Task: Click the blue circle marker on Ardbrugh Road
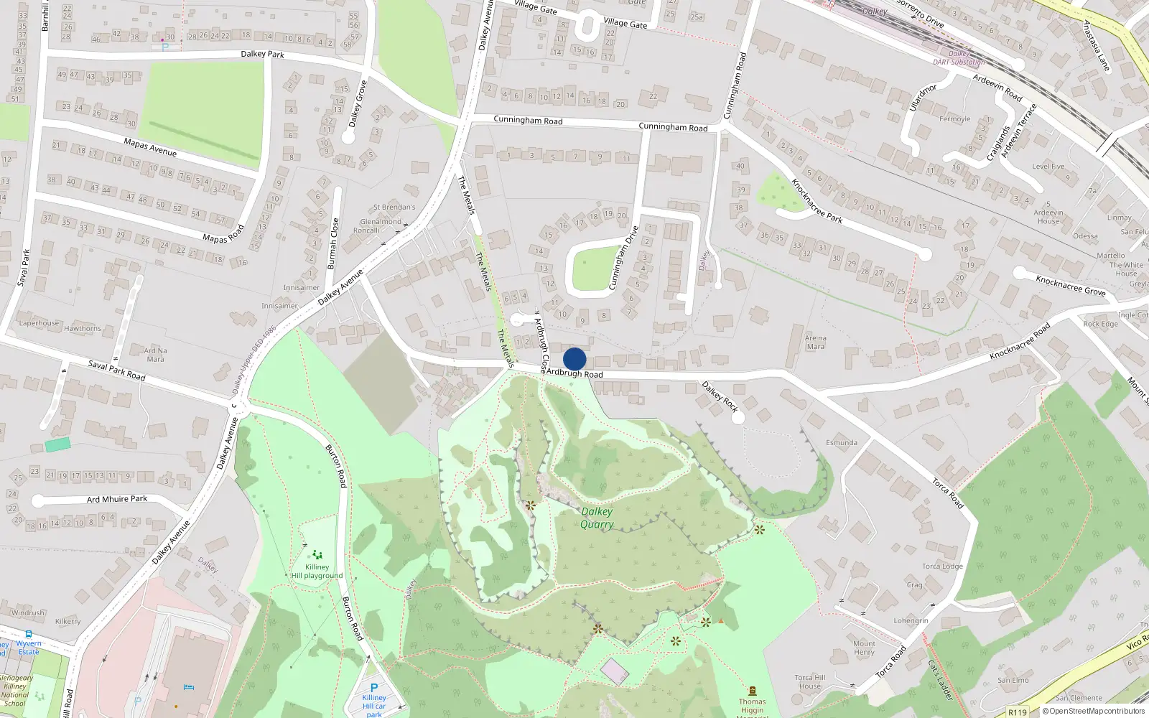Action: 574,359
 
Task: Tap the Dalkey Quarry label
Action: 597,518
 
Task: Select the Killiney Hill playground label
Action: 317,571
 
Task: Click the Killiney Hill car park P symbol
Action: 373,688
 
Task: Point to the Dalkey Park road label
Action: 262,54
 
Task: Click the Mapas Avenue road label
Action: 150,147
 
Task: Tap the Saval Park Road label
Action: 116,370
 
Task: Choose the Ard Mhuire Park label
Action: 117,499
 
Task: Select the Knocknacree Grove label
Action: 1070,285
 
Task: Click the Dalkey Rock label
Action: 720,396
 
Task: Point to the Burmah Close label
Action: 332,244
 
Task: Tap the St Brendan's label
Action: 394,208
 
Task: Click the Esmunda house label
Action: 841,443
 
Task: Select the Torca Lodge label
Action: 942,567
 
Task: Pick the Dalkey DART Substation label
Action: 959,58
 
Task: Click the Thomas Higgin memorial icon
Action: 752,691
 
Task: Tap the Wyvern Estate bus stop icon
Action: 29,635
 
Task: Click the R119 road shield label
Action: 1017,712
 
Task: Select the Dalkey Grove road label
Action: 357,104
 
